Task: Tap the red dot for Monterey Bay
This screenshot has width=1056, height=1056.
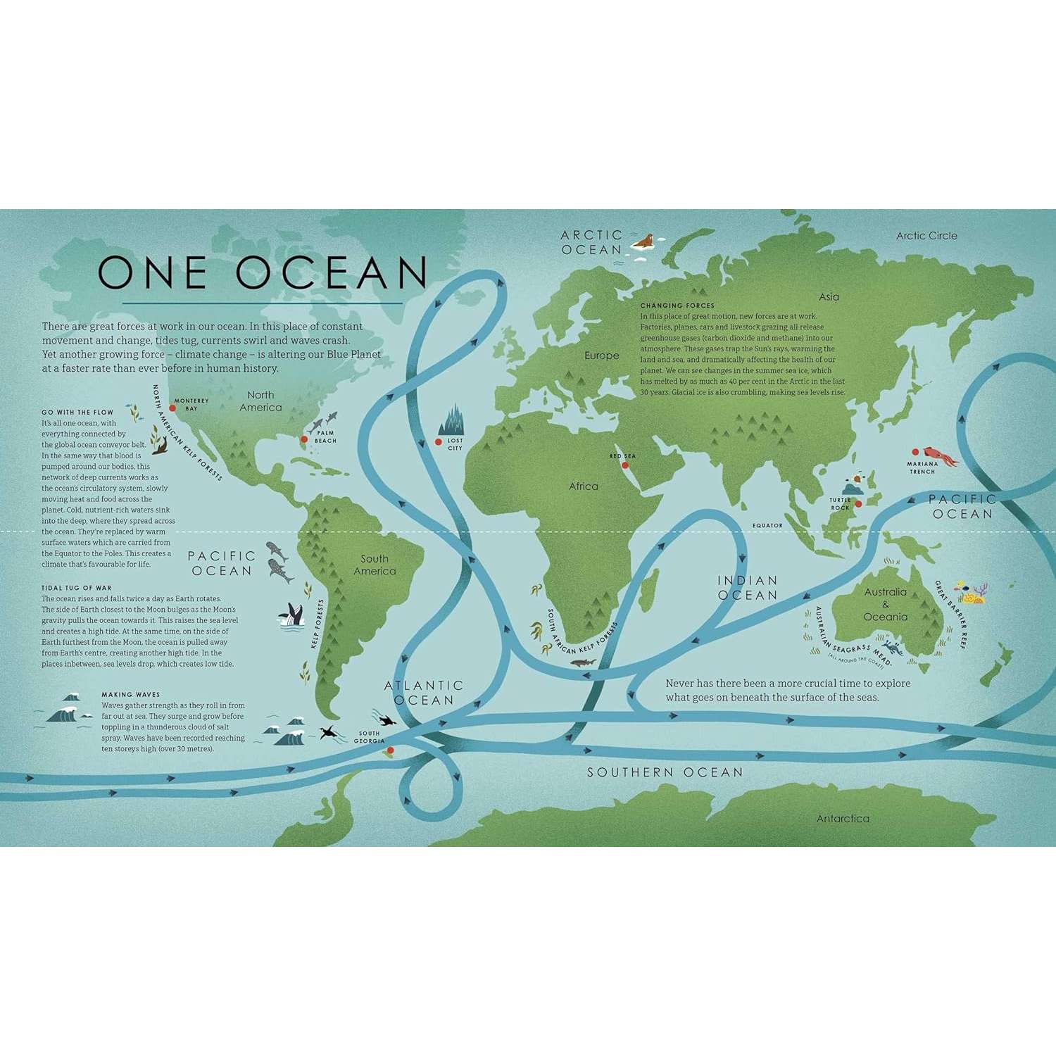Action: tap(172, 408)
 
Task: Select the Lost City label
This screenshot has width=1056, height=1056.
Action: tap(455, 444)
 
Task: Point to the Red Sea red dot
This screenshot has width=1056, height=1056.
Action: tap(624, 465)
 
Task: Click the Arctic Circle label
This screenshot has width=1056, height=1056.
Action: tap(926, 236)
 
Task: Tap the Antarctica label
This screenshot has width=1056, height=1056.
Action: tap(843, 818)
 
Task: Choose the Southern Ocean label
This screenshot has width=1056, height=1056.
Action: tap(665, 772)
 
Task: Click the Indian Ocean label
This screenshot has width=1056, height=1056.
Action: tap(747, 588)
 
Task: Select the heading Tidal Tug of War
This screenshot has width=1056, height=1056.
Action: tap(76, 587)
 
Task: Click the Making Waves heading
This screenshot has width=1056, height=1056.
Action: tap(130, 694)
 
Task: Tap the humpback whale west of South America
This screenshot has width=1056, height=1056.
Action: tap(291, 616)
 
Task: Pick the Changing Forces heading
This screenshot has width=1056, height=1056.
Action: tap(677, 306)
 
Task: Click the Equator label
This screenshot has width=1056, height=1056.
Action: tap(767, 525)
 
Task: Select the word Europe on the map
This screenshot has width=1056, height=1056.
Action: tap(601, 356)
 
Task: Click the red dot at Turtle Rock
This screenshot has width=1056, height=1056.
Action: tap(858, 503)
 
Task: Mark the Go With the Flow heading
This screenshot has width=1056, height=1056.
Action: tap(77, 412)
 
